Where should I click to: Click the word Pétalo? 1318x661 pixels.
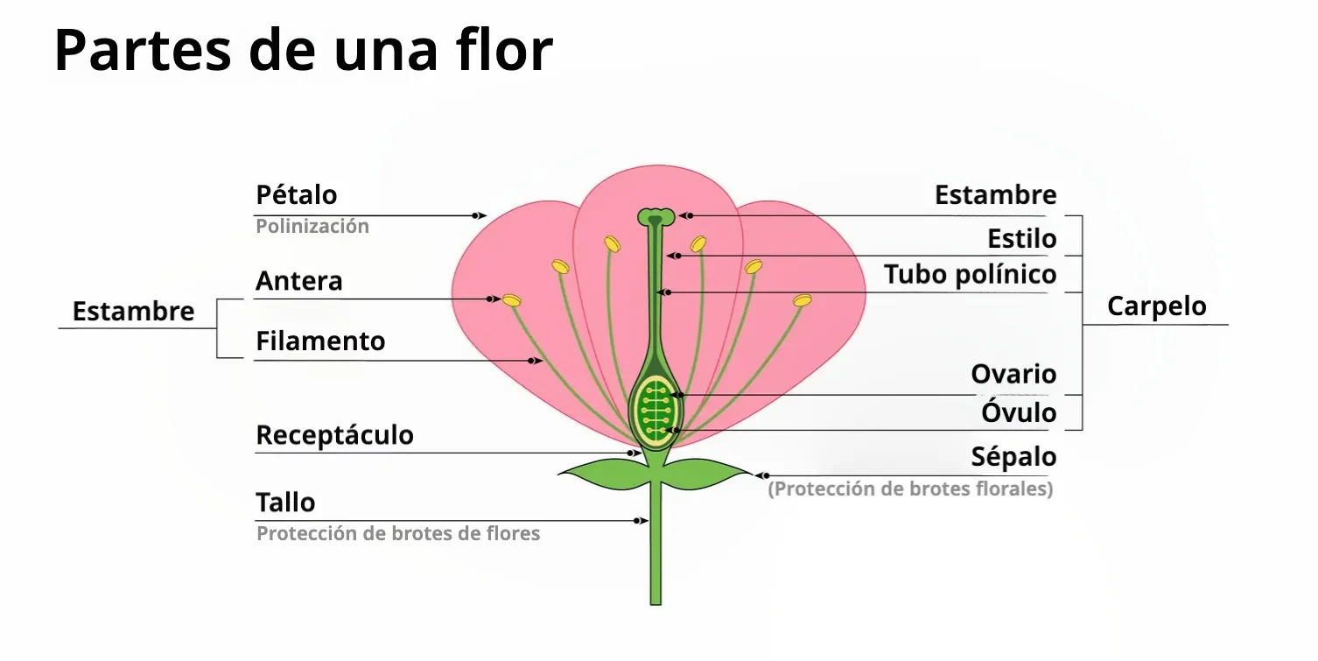point(296,194)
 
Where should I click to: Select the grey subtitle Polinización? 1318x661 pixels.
point(312,226)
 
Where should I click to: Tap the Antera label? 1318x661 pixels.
point(298,282)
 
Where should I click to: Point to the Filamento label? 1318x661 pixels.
point(320,341)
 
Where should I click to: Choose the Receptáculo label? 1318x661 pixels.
point(334,435)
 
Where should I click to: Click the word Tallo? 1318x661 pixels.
point(285,503)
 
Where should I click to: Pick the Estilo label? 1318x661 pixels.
point(1021,238)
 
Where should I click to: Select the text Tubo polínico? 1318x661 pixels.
point(970,275)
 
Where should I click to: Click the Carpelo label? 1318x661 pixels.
point(1156,306)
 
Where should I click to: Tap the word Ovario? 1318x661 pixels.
point(1013,375)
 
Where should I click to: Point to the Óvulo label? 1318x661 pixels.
point(1019,412)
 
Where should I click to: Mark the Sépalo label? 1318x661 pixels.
point(1013,457)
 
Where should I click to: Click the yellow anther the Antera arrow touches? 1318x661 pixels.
point(511,300)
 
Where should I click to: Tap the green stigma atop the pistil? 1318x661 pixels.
point(655,215)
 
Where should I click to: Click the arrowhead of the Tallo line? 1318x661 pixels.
point(642,521)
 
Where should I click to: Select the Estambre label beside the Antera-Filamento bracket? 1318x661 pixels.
point(133,312)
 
